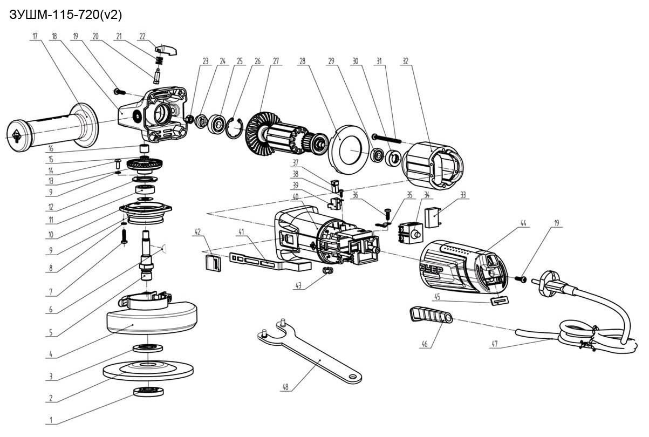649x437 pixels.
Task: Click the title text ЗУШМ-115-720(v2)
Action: pos(66,15)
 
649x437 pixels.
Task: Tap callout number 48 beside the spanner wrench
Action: pos(285,387)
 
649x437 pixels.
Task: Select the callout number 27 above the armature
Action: pos(276,61)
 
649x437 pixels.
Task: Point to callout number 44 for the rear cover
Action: pos(523,223)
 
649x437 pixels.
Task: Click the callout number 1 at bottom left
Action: pos(51,420)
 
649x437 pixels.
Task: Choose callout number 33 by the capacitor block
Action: pos(463,195)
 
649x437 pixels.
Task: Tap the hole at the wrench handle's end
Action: pos(353,377)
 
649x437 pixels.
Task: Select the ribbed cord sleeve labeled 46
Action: pos(431,316)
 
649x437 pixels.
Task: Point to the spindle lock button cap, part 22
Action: pos(166,50)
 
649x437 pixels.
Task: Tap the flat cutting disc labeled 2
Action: pos(148,370)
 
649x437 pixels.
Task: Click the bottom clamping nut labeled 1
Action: pos(148,392)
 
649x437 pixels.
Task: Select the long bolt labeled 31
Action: pos(386,138)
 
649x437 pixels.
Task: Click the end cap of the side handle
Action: pos(17,136)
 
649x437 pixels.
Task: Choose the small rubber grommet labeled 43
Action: pos(327,271)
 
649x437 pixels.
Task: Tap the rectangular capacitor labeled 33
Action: pos(433,217)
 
